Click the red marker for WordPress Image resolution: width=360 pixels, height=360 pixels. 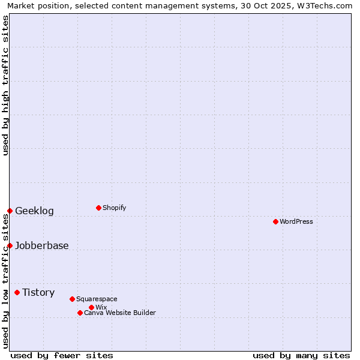[x=275, y=221]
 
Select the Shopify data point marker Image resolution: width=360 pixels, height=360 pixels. [x=98, y=208]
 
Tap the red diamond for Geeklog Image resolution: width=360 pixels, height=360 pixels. [x=10, y=211]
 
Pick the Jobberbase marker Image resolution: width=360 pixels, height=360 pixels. [x=10, y=245]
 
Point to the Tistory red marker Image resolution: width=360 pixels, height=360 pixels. [x=17, y=292]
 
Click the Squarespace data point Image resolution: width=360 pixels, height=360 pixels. [x=72, y=299]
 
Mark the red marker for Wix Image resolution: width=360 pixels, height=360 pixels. [x=91, y=307]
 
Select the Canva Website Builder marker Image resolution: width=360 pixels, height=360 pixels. [x=80, y=313]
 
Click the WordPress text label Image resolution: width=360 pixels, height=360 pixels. [x=296, y=221]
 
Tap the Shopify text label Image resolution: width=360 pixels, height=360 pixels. [x=115, y=208]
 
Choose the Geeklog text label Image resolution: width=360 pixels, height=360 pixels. [x=34, y=211]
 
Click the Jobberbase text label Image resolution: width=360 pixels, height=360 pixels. [x=42, y=245]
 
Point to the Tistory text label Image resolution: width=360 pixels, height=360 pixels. [x=38, y=292]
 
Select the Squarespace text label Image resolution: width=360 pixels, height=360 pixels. [x=97, y=299]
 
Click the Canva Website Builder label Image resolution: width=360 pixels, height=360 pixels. [x=120, y=313]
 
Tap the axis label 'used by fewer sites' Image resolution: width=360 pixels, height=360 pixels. [x=62, y=355]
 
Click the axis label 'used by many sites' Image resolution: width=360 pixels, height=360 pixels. [x=301, y=355]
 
